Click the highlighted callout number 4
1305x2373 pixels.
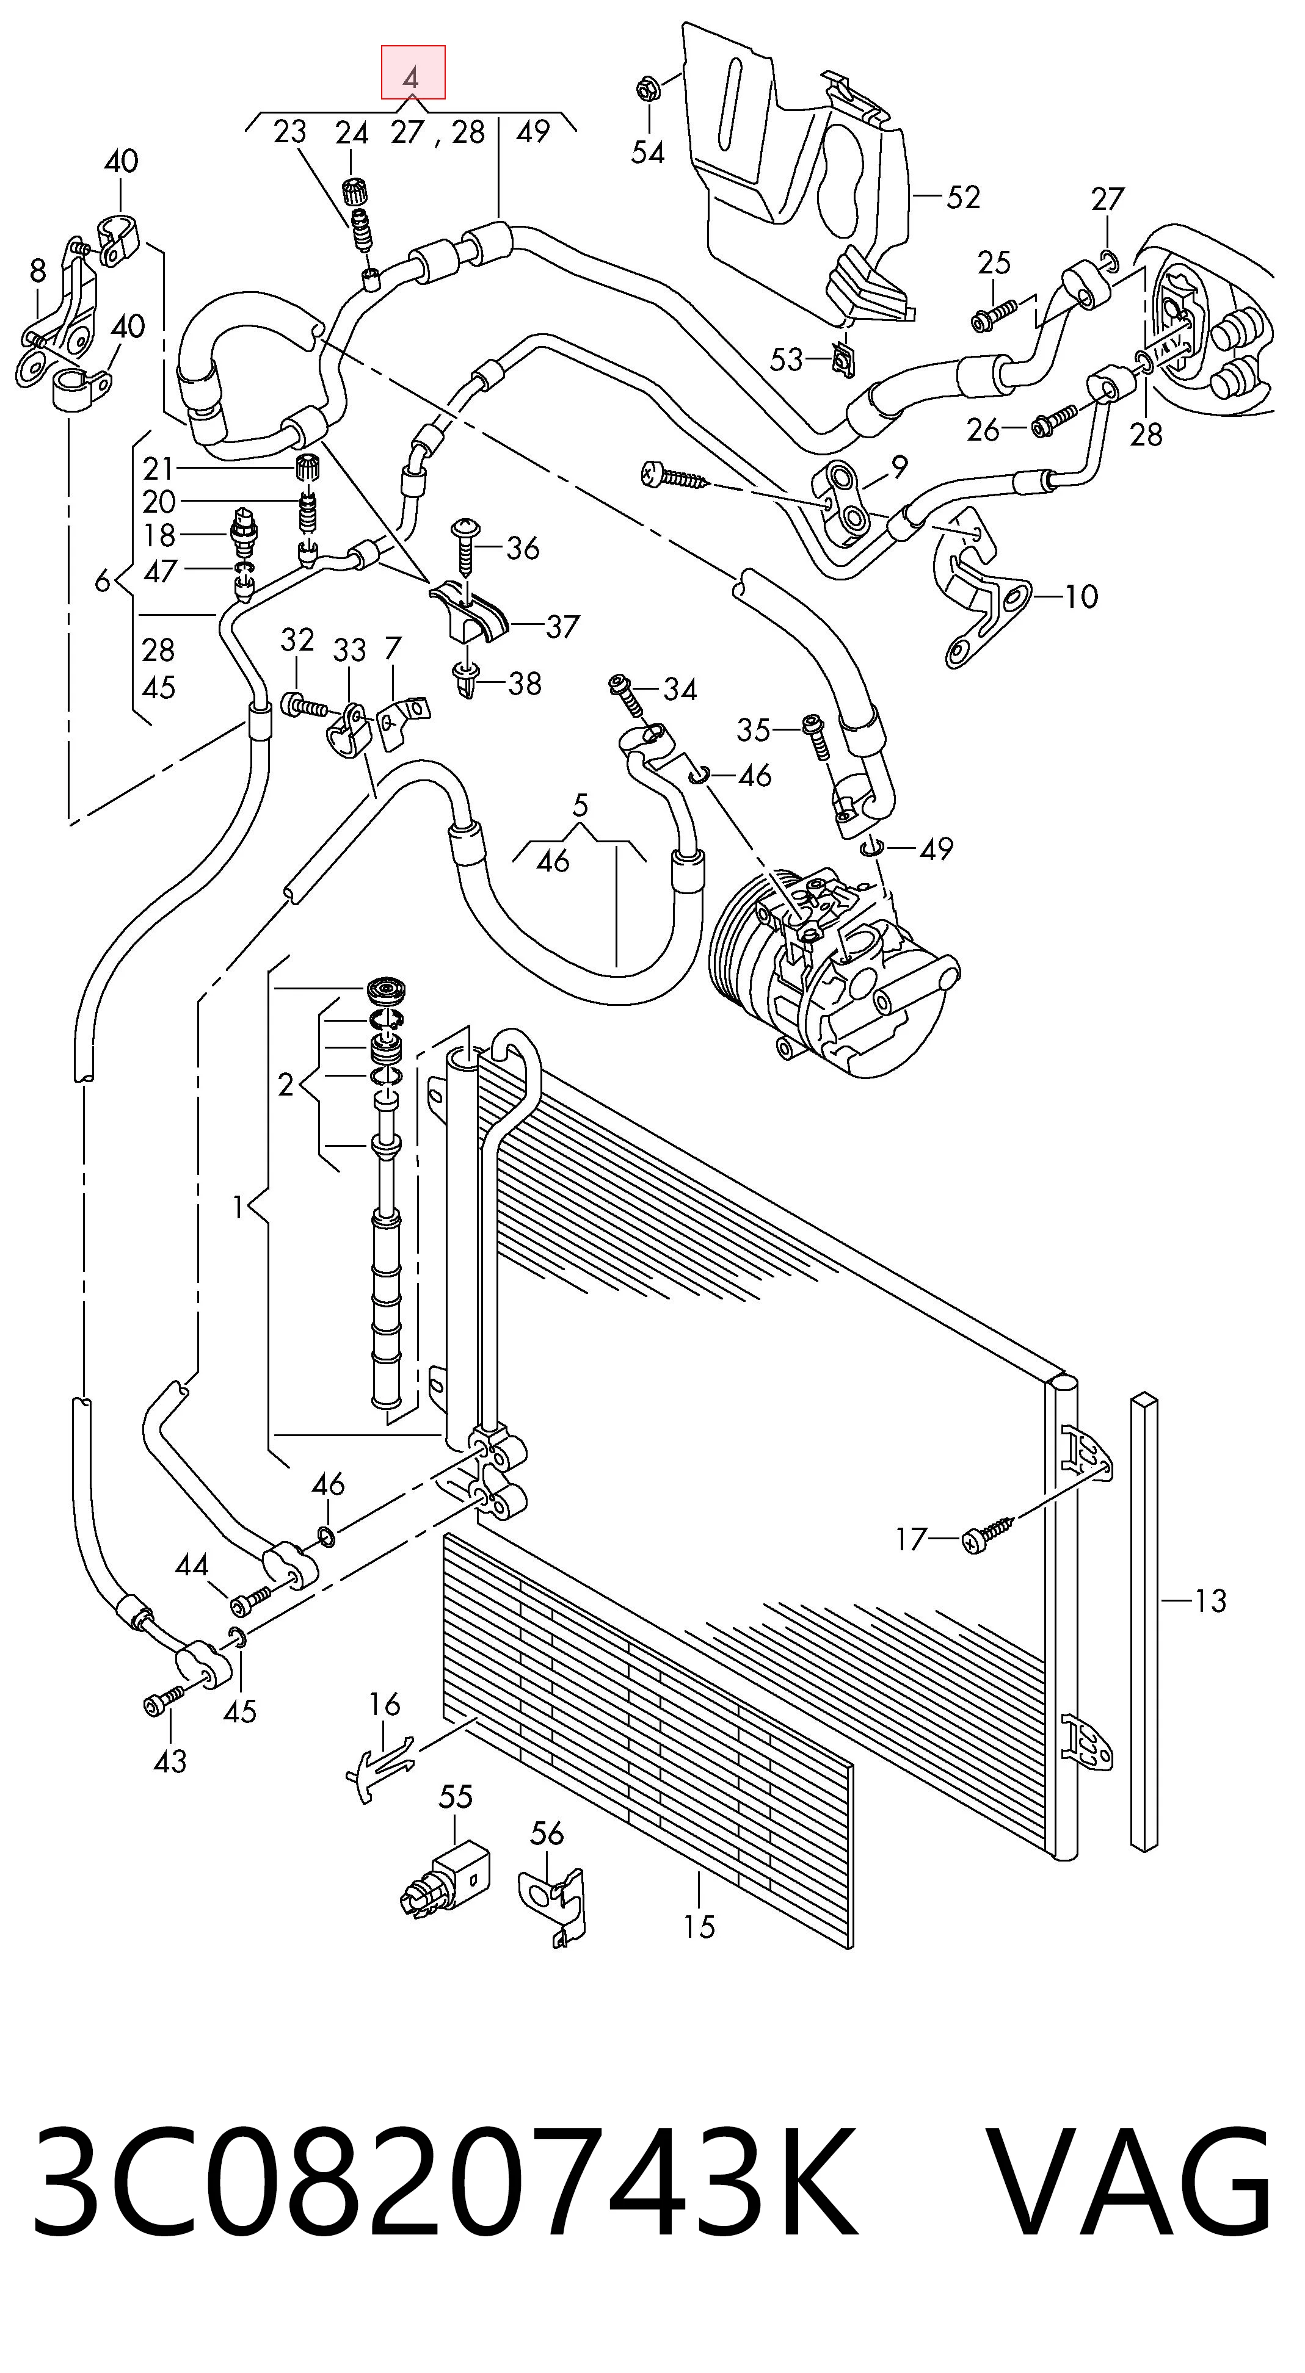pyautogui.click(x=413, y=74)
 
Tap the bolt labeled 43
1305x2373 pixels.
pyautogui.click(x=165, y=1700)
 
